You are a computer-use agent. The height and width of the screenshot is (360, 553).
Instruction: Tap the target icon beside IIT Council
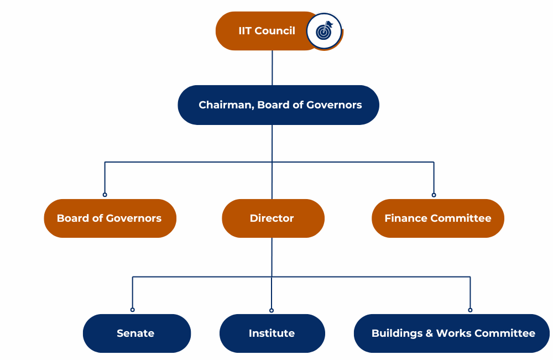click(x=324, y=32)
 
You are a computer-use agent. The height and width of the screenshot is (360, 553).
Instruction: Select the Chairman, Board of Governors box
click(x=278, y=105)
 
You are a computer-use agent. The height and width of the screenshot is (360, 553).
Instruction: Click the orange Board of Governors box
click(x=109, y=218)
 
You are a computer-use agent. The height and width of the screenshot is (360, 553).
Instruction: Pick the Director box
click(x=272, y=218)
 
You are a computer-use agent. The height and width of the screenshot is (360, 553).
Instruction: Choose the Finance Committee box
click(x=437, y=218)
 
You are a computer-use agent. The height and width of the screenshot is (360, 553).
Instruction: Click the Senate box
click(x=136, y=333)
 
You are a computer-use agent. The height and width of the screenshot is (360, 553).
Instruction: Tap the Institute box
click(x=272, y=333)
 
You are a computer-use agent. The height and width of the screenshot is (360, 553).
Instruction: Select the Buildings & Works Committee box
click(x=452, y=333)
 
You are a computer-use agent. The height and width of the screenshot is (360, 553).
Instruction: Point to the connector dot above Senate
click(x=133, y=310)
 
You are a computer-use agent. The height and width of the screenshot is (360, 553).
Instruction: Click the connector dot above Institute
click(x=272, y=310)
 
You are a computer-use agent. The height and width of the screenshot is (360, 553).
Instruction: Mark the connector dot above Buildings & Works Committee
click(x=470, y=310)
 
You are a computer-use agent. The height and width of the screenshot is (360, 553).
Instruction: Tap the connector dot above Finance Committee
click(x=434, y=195)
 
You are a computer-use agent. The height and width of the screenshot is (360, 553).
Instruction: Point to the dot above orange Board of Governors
click(x=105, y=195)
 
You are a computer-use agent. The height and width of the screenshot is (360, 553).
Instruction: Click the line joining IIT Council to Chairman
click(x=272, y=67)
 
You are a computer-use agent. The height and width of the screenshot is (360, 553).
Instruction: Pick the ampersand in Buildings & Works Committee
click(x=429, y=333)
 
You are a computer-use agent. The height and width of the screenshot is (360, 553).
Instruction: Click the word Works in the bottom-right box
click(x=453, y=333)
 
